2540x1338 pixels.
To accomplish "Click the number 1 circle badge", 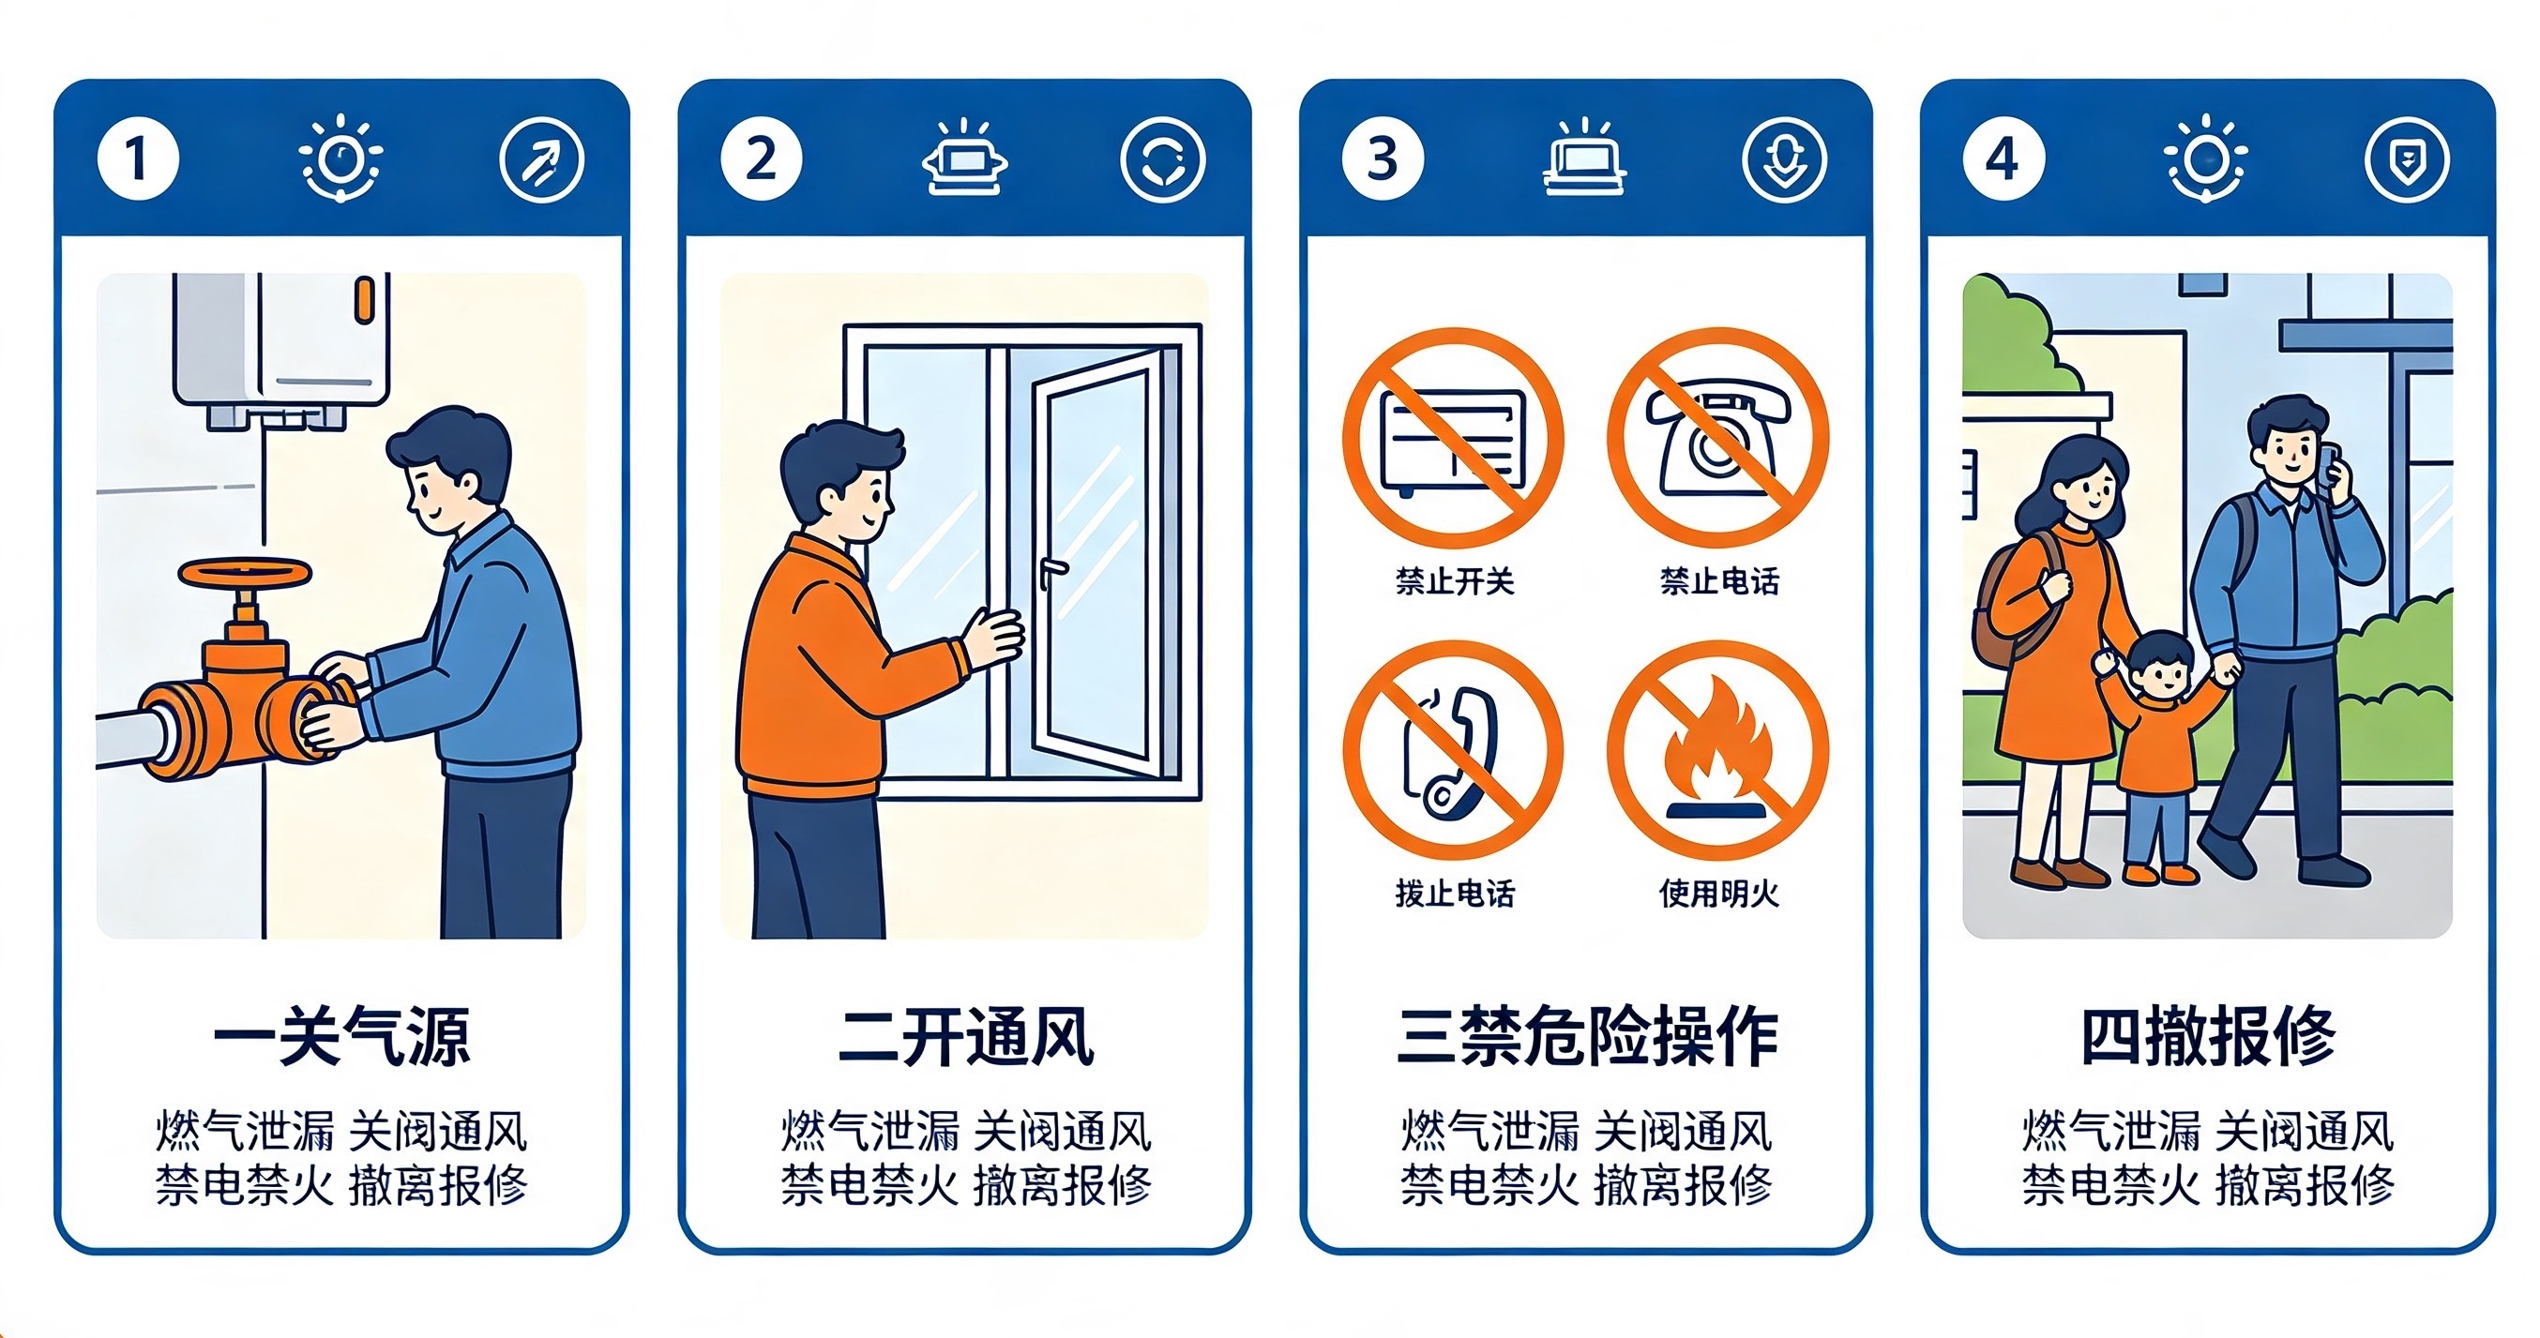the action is click(x=138, y=158).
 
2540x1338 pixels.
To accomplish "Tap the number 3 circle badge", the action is click(x=1383, y=158).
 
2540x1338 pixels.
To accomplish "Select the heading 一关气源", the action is click(x=341, y=1037).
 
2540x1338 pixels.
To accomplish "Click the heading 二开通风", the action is click(x=965, y=1037).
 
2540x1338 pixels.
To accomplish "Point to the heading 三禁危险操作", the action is click(x=1587, y=1037).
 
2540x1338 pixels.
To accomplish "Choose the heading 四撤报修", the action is click(x=2208, y=1037).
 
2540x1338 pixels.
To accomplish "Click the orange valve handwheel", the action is click(x=245, y=576).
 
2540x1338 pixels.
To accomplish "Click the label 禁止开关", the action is click(x=1455, y=581).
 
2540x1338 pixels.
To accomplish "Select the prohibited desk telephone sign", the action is click(x=1718, y=438).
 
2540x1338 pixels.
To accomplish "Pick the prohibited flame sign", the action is click(x=1718, y=751).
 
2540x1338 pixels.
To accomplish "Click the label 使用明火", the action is click(x=1718, y=894).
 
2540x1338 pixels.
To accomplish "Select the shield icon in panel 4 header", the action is click(x=2407, y=159).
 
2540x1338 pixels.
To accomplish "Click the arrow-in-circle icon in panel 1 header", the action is click(x=541, y=159).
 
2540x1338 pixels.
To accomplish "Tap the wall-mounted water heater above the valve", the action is click(x=281, y=351).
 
